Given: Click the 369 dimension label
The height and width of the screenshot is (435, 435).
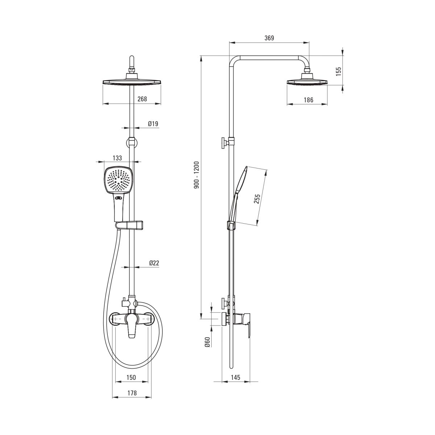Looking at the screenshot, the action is (x=269, y=38).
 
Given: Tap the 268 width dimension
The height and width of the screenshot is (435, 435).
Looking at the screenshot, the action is (x=142, y=99).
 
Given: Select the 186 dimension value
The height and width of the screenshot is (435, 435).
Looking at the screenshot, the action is (x=308, y=100).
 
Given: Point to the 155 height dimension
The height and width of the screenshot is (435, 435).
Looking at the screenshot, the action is (x=338, y=71).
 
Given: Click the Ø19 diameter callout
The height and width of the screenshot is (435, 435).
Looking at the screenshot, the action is (x=153, y=124).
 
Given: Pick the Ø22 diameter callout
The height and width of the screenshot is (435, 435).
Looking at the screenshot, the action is (x=154, y=263).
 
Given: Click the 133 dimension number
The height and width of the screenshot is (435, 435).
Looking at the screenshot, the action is (x=117, y=158).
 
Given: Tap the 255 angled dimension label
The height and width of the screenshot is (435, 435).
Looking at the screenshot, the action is (x=257, y=199).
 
